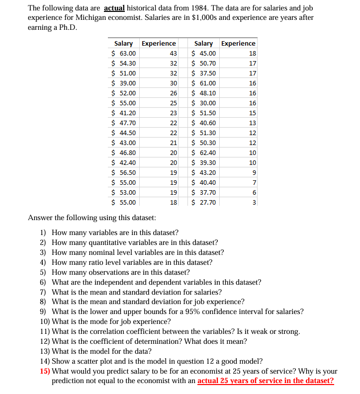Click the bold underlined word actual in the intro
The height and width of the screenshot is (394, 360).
coord(115,8)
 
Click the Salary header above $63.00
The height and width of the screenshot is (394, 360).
coord(123,43)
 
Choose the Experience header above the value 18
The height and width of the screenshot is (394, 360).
coord(238,43)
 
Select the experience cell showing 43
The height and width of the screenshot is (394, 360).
coord(173,53)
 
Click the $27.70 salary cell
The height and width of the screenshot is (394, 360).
coord(204,202)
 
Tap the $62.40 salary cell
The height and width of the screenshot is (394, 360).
coord(204,153)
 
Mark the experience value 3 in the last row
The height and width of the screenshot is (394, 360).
coord(254,202)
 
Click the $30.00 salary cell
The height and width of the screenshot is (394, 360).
coord(204,103)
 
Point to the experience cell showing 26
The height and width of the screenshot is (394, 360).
coord(173,93)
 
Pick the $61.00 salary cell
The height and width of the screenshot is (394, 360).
coord(204,83)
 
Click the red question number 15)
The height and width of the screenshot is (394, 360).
coord(45,371)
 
